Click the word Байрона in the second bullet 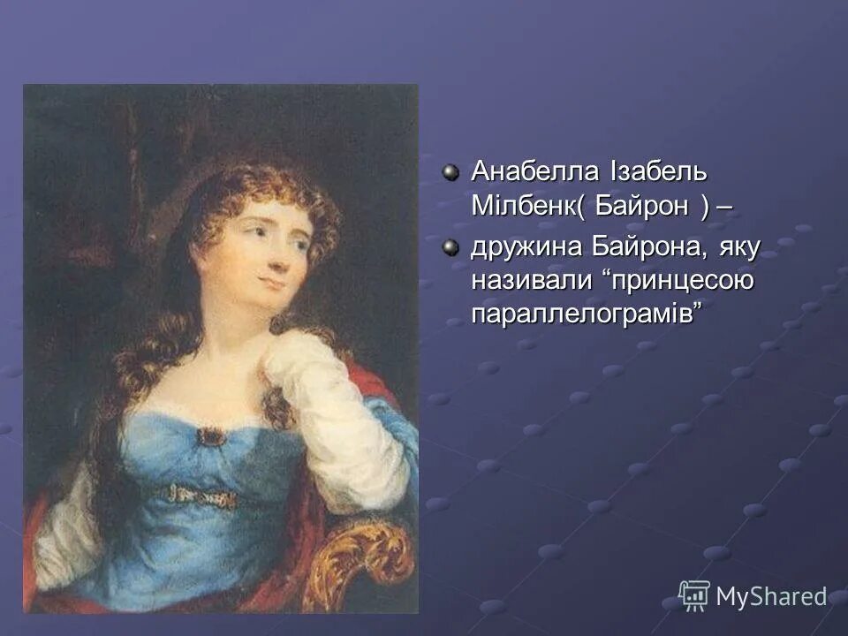click(x=655, y=249)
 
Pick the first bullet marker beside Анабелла click(x=451, y=171)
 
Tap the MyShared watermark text click(x=770, y=596)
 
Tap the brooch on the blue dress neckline click(x=210, y=435)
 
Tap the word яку click(x=739, y=249)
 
